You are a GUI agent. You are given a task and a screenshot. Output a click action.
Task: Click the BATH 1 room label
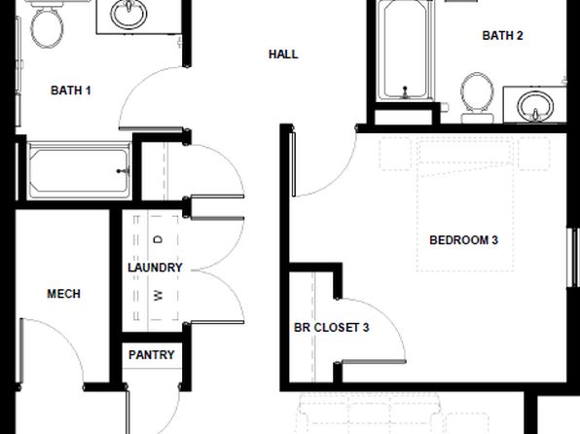[x=71, y=90]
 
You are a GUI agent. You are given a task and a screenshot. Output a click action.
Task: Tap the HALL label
[x=283, y=54]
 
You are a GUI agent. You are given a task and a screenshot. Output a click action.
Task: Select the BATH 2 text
[x=502, y=36]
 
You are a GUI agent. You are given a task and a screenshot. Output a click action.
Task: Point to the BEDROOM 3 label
[x=463, y=240]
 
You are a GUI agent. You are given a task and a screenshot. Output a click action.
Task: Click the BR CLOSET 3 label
[x=332, y=327]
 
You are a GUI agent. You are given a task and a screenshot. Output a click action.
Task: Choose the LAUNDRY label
[x=155, y=268]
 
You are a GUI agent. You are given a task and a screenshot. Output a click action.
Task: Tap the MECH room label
[x=63, y=294]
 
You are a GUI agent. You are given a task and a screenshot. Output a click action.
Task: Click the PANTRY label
[x=151, y=355]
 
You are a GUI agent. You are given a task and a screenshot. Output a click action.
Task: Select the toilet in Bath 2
[x=477, y=97]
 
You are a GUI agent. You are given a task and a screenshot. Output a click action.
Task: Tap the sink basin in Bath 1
[x=128, y=14]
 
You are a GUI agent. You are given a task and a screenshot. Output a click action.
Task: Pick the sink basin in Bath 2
[x=535, y=106]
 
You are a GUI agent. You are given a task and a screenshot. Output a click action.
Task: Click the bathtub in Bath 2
[x=406, y=51]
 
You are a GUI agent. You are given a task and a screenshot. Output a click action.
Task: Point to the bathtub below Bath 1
[x=79, y=170]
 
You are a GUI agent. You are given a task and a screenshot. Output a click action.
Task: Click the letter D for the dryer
[x=158, y=239]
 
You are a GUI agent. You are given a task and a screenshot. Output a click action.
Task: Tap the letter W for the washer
[x=158, y=295]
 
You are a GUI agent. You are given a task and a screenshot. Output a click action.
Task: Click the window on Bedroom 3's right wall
[x=573, y=257]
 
